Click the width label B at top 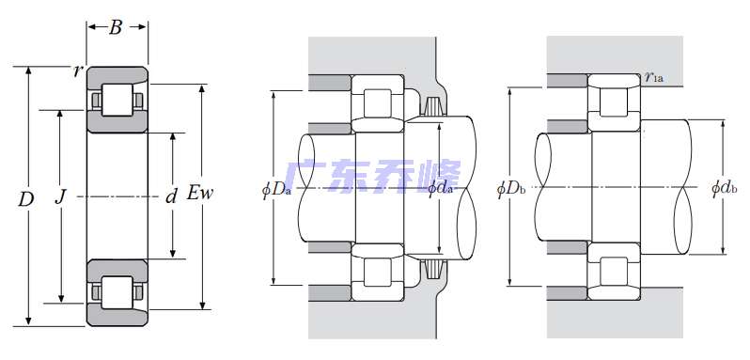coord(116,28)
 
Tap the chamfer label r coord(76,71)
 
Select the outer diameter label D coord(25,199)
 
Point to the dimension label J coord(59,197)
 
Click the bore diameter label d coord(171,196)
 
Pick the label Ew coord(199,194)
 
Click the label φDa coord(276,189)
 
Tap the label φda coord(440,188)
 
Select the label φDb coord(511,189)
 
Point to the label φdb coord(725,188)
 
